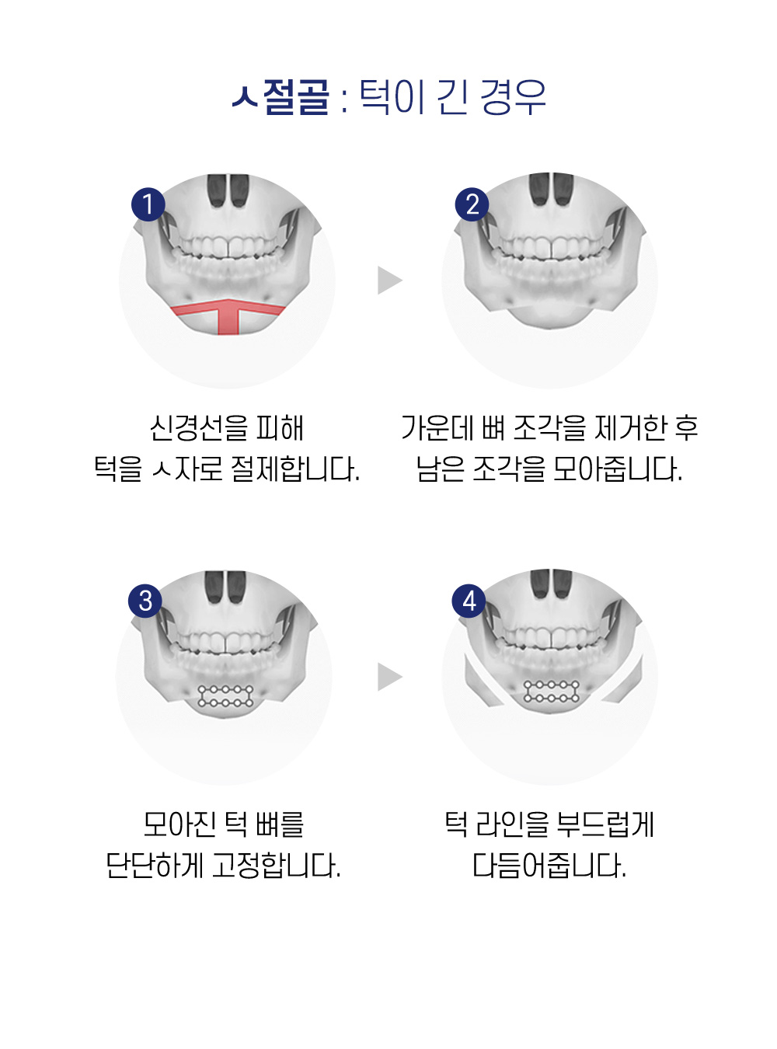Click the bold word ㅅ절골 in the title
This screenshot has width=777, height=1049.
281,97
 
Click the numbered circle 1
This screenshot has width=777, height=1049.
148,204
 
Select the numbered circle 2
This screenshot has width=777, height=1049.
472,204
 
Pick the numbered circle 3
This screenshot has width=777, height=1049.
145,601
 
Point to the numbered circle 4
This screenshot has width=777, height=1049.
469,601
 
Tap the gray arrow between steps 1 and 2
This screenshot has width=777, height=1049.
389,281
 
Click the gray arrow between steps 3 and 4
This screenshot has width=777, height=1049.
389,677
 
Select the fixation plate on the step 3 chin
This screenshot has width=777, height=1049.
226,696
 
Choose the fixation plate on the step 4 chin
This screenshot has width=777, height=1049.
552,691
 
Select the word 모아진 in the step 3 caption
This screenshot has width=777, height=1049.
179,824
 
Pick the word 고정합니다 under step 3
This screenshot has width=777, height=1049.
276,866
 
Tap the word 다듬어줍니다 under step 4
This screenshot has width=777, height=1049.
549,866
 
